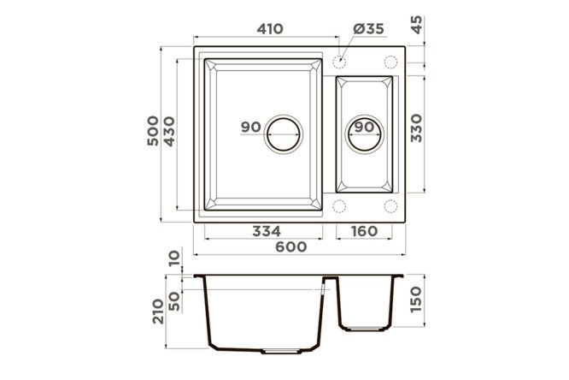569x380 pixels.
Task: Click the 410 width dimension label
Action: point(270,29)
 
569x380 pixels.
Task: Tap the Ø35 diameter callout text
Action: point(368,29)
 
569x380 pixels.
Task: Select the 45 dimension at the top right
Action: point(417,25)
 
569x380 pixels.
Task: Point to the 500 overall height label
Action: point(153,131)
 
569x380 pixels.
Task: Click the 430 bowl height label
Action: point(169,132)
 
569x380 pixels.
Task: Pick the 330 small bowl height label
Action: point(417,128)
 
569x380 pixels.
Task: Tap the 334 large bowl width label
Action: point(267,231)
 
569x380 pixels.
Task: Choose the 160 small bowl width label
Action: point(364,231)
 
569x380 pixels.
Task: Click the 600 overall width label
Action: point(291,246)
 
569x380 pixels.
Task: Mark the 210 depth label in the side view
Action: point(158,312)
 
